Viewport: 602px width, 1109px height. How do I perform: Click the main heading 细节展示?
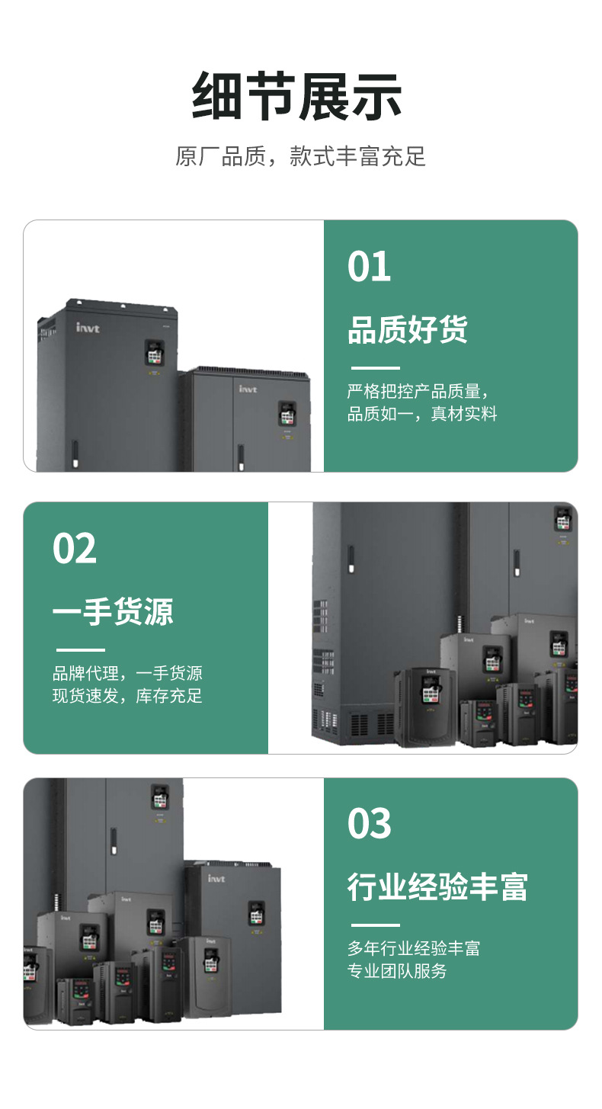point(297,97)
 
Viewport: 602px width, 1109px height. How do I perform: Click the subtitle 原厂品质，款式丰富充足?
point(300,156)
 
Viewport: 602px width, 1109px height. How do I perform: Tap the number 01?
point(369,267)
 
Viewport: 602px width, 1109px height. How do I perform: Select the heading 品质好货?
point(408,330)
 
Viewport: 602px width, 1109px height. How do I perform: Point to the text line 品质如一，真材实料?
point(422,414)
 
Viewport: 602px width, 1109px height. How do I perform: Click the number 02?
point(75,549)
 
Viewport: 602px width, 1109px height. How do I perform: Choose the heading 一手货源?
point(113,612)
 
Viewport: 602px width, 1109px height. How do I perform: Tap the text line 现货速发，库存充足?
point(127,696)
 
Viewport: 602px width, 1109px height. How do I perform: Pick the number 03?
point(369,824)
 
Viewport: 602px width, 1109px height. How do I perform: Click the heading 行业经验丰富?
point(437,887)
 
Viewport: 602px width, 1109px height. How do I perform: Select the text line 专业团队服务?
point(397,971)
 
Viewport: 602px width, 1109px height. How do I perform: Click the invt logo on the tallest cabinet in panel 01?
point(88,328)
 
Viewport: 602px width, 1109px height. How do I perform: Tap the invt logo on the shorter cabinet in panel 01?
point(248,389)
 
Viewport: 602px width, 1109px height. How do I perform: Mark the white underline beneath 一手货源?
point(80,650)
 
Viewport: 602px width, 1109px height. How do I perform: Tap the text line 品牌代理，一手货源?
point(127,674)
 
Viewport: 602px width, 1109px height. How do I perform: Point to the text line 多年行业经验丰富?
point(414,949)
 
